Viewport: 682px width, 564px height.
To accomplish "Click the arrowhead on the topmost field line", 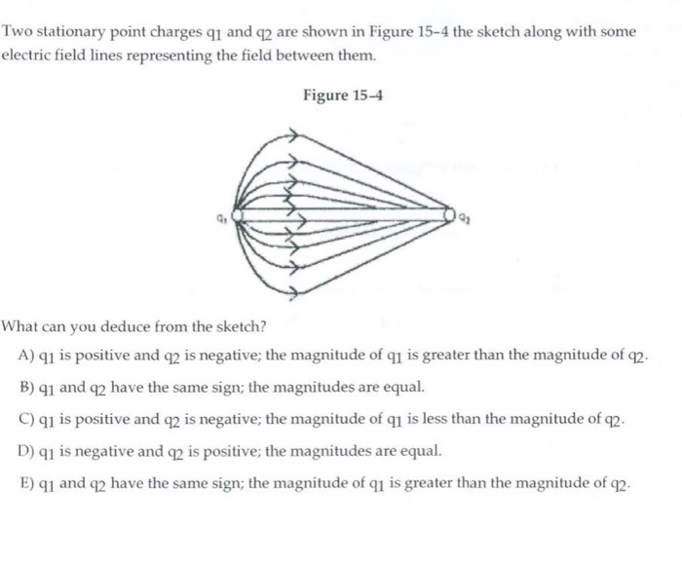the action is coord(289,136).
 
